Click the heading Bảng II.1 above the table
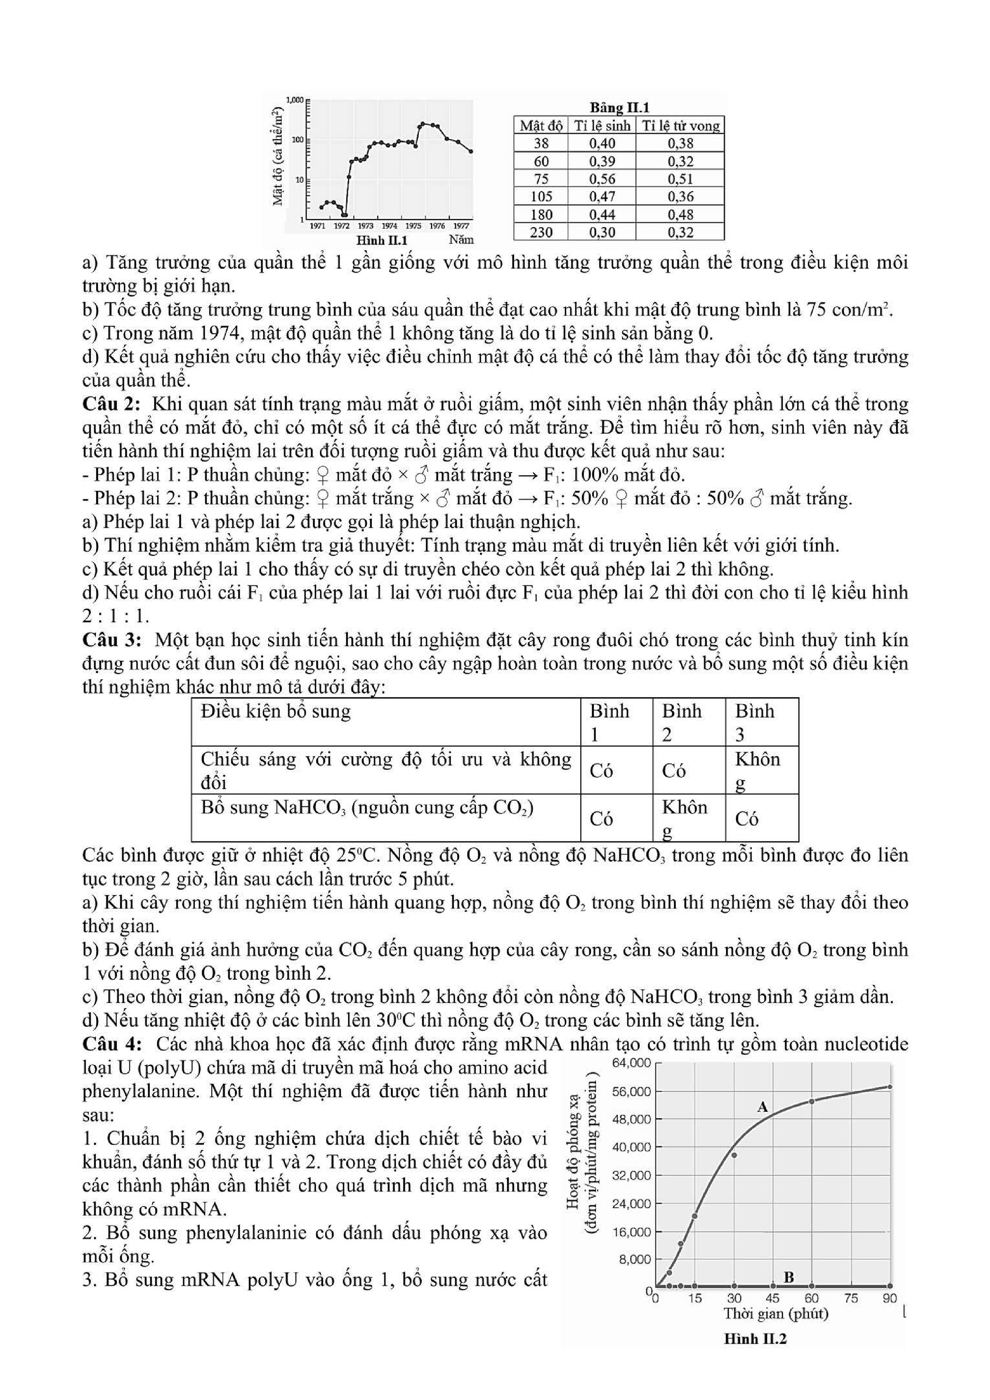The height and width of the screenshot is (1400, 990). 619,108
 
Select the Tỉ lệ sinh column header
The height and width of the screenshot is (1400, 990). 601,126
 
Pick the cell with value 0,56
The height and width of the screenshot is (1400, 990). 601,179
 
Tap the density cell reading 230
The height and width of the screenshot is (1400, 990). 541,232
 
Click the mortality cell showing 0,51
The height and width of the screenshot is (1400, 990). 680,179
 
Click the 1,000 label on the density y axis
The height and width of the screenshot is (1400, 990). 295,99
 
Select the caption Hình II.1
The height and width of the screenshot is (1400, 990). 382,240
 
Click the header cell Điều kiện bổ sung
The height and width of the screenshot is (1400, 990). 276,712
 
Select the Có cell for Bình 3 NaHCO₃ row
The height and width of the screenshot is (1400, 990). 747,818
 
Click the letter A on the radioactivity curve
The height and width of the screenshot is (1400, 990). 762,1107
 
